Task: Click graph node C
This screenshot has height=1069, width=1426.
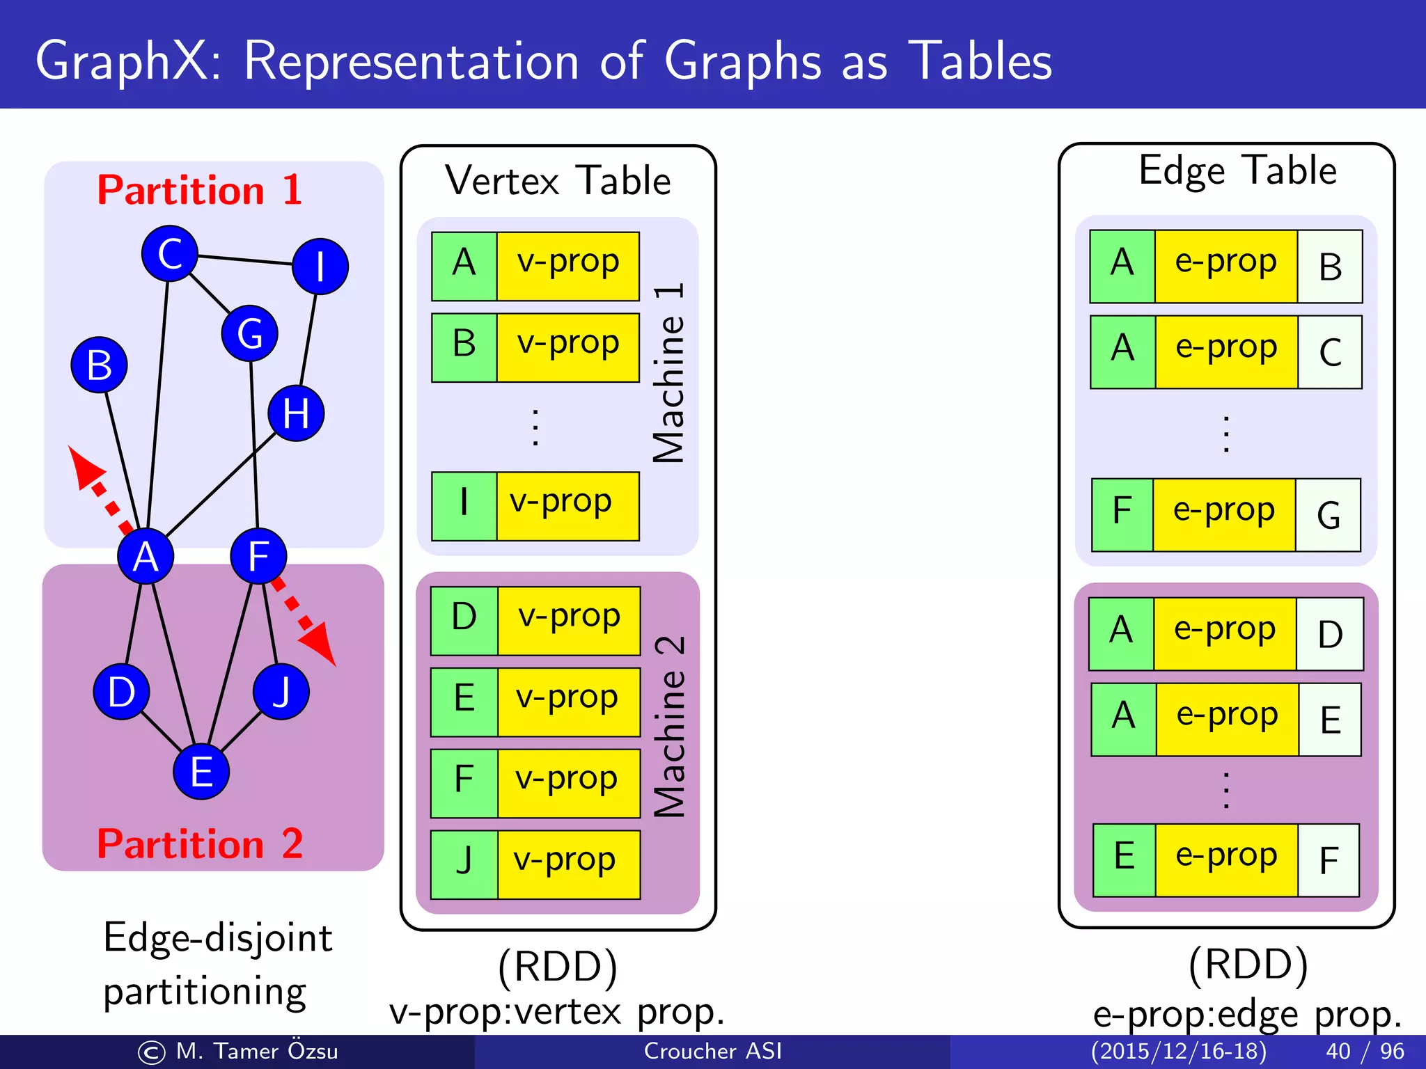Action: pyautogui.click(x=169, y=253)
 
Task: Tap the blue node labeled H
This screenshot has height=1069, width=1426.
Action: pyautogui.click(x=296, y=413)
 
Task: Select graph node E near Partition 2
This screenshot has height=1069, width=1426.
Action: pyautogui.click(x=201, y=772)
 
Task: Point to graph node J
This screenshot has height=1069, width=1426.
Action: pyautogui.click(x=281, y=691)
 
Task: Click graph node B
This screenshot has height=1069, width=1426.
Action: pyautogui.click(x=100, y=365)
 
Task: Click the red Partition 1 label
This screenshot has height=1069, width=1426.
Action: pyautogui.click(x=200, y=190)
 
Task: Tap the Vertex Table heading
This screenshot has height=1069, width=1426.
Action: pyautogui.click(x=558, y=181)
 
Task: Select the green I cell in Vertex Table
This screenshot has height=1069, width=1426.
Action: pyautogui.click(x=464, y=506)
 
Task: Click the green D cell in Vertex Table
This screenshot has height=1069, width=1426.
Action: pyautogui.click(x=464, y=620)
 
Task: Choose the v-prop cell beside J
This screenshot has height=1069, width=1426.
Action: pyautogui.click(x=568, y=864)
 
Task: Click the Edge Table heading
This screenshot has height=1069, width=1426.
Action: pyautogui.click(x=1237, y=171)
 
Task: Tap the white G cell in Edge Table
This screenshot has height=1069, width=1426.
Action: pyautogui.click(x=1328, y=515)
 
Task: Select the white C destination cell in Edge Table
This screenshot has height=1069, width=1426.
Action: pyautogui.click(x=1330, y=352)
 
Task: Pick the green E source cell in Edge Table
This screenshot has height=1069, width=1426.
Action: pyautogui.click(x=1124, y=860)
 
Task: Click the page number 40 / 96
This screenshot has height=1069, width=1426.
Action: pyautogui.click(x=1365, y=1051)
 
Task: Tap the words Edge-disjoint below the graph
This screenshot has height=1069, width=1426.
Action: pyautogui.click(x=217, y=937)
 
